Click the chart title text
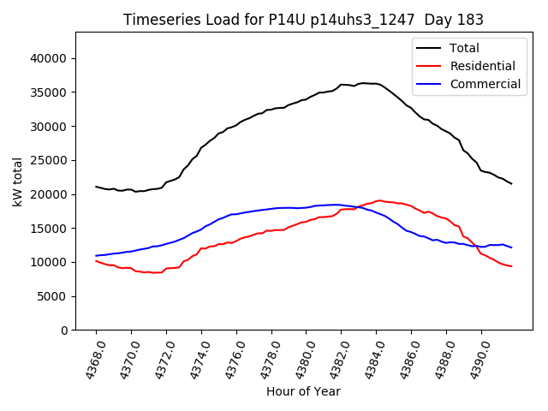click(303, 20)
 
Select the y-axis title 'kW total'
click(18, 182)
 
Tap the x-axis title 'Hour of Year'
click(303, 391)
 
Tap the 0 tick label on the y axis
click(63, 331)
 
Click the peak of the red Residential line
click(378, 200)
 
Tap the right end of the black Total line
click(511, 183)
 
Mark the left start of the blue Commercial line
click(96, 255)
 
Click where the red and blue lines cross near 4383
click(359, 206)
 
